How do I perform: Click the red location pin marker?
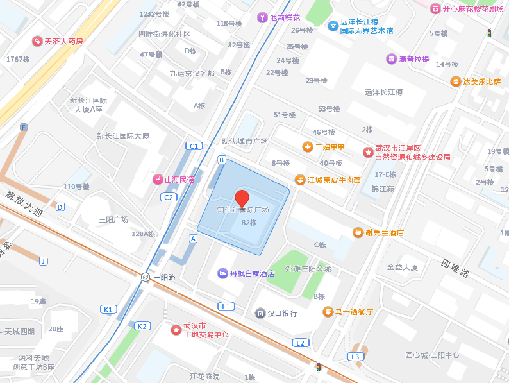pos(242,199)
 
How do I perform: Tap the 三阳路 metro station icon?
pos(146,277)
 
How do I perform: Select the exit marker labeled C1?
pos(194,146)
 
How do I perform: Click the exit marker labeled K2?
pos(142,326)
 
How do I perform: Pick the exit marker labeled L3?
pos(355,356)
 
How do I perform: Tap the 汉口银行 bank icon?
pos(260,313)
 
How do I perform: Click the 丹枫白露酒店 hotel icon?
pos(222,273)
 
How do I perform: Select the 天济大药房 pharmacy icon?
pos(37,41)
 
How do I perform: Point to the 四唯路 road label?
pos(455,269)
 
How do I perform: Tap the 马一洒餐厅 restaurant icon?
pos(328,312)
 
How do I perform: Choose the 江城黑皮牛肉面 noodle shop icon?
pos(299,180)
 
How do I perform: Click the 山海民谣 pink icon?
pos(158,180)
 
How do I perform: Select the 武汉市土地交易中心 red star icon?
pos(176,330)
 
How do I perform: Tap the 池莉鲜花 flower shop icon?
pos(262,18)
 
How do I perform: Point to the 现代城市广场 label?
pos(244,141)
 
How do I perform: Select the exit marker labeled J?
pos(43,260)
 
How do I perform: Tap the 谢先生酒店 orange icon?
pos(358,232)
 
